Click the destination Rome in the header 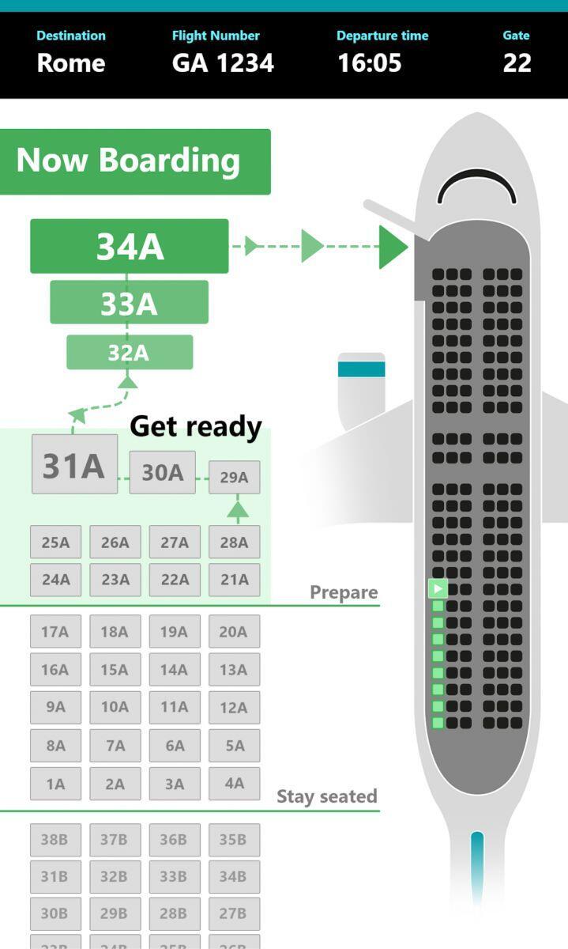tap(71, 63)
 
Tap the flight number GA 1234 tap(223, 63)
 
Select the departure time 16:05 tap(369, 63)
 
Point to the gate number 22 tap(517, 63)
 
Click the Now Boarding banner tap(134, 161)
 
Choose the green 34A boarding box tap(130, 247)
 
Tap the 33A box tap(129, 303)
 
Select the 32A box tap(129, 353)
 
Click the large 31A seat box tap(74, 465)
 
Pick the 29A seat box tap(234, 478)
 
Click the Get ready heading tap(195, 427)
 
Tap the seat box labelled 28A tap(234, 543)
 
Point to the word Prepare tap(344, 592)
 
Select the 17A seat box tap(55, 632)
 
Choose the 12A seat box tap(234, 708)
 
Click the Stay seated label tap(326, 796)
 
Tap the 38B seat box tap(55, 840)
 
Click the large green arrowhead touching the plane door tap(393, 247)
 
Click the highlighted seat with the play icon tap(438, 588)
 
